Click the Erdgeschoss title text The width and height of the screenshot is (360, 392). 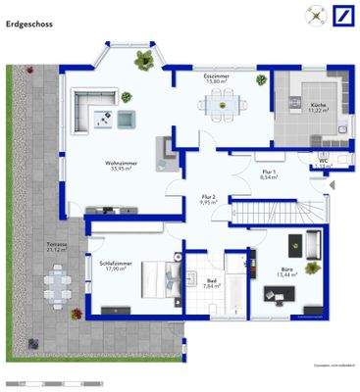29,22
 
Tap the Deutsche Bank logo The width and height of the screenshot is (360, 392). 342,15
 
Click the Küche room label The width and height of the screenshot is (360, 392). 319,107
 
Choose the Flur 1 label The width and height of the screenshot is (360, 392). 269,173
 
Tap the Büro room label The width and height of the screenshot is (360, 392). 287,269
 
